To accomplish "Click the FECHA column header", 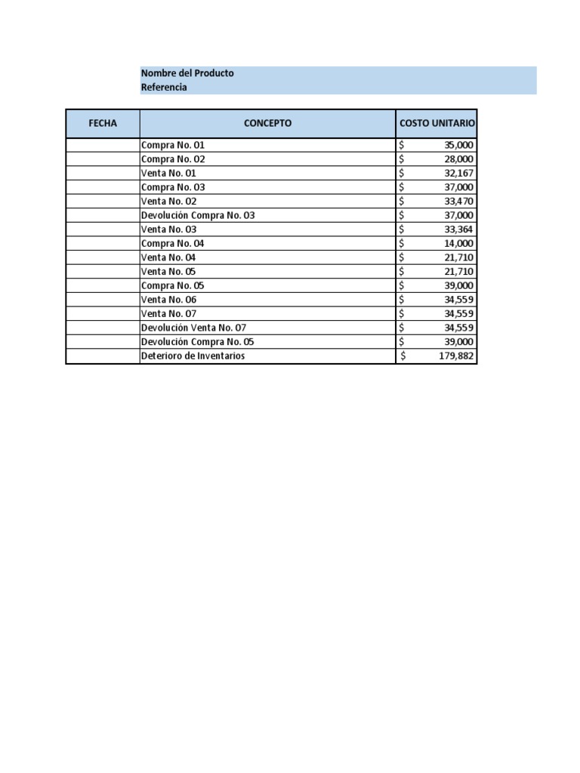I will [x=103, y=124].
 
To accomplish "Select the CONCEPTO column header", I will [x=267, y=124].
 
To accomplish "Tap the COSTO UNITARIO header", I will [x=437, y=124].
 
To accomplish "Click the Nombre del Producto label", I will [x=187, y=73].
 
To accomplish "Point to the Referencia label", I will [x=164, y=88].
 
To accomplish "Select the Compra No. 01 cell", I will [x=173, y=145].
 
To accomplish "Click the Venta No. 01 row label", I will [x=168, y=173].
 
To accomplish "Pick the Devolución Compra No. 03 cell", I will [x=198, y=215].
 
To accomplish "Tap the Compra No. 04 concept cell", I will [x=173, y=244].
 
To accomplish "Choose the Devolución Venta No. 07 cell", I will [x=193, y=328].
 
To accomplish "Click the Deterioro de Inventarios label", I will [x=193, y=356].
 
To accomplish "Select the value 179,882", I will [x=456, y=356].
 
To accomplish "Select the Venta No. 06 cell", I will [x=168, y=300].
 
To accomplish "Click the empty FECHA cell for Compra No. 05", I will [x=103, y=286].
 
